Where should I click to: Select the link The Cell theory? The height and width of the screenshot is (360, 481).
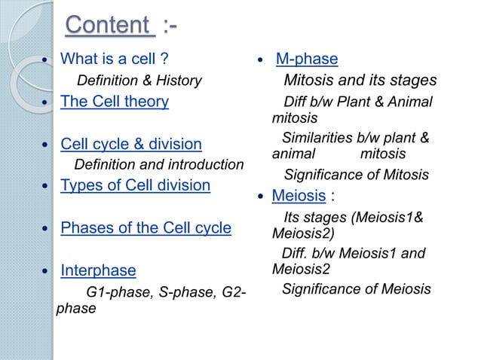click(115, 101)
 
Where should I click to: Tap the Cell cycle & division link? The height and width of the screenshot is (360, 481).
click(131, 144)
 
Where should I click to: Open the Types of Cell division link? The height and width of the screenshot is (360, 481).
click(135, 185)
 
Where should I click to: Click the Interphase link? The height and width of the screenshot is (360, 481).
click(98, 270)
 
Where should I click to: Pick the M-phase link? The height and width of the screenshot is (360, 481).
click(307, 59)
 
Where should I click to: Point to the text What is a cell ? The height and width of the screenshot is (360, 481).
click(114, 59)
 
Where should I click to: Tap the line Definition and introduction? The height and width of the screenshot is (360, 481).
click(159, 164)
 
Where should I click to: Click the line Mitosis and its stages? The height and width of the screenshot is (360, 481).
click(360, 81)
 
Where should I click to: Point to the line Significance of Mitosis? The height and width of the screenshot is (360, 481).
click(356, 175)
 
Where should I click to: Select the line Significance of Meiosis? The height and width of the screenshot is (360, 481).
click(356, 288)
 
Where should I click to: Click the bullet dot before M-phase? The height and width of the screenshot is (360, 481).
click(259, 60)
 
